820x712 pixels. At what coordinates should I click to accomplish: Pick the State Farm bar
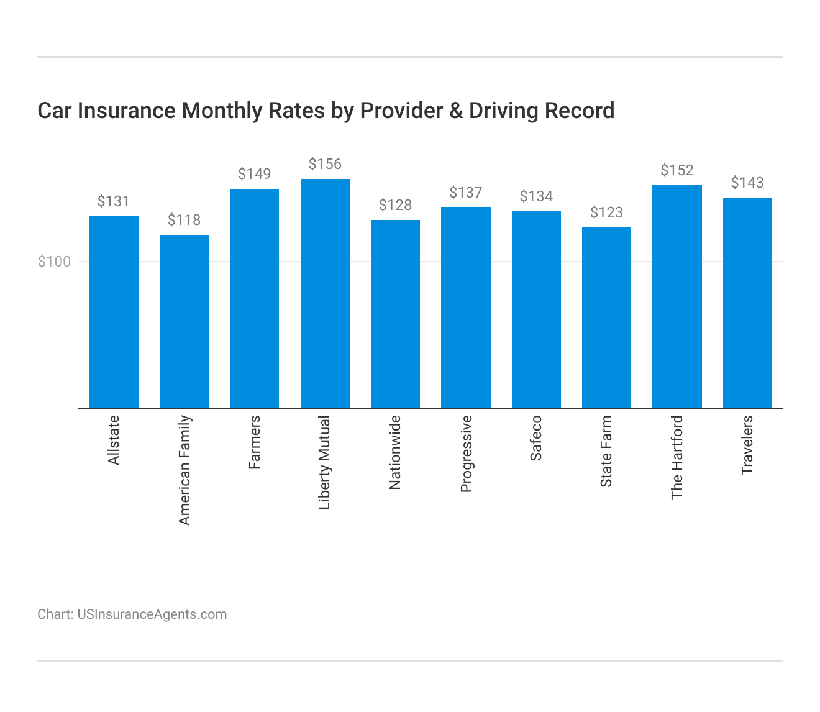606,317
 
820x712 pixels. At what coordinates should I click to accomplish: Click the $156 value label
325,164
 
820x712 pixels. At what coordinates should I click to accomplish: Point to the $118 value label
184,220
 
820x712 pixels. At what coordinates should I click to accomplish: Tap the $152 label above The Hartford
676,170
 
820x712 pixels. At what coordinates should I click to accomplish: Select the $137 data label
465,193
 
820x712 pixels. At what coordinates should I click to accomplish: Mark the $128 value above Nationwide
395,205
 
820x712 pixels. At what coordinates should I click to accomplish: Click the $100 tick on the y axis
55,262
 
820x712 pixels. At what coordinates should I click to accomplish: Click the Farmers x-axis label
255,442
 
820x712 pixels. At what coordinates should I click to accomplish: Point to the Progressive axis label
466,454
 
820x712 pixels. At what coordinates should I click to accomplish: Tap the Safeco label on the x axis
536,438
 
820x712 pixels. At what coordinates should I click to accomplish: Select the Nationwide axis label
395,453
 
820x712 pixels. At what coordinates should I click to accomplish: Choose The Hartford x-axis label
677,457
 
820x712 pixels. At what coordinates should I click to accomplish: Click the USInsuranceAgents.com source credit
152,614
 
